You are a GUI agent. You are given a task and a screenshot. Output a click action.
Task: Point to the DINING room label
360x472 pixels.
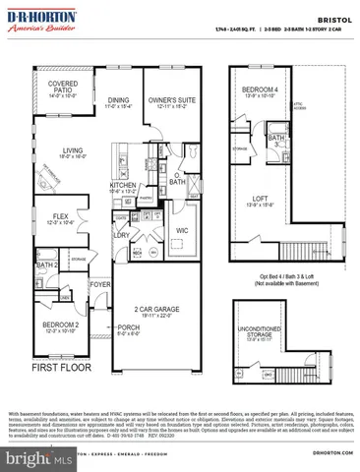click(x=118, y=100)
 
